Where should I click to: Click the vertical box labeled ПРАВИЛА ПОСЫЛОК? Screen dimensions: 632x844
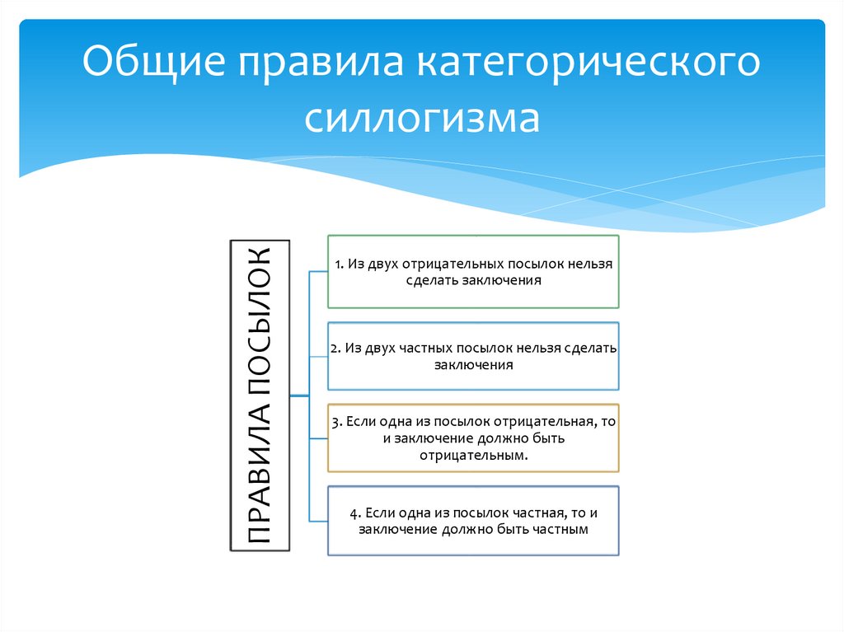tap(258, 396)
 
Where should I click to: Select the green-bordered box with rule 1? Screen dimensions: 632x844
tap(473, 272)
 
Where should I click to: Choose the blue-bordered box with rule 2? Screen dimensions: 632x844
tap(473, 356)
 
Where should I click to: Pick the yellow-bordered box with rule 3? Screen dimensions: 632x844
tap(473, 438)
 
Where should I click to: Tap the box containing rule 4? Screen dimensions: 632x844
tap(473, 521)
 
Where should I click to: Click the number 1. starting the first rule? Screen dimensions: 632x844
tap(339, 265)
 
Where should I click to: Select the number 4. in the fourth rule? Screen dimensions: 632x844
tap(354, 513)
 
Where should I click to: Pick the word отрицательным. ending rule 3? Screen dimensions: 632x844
tap(473, 454)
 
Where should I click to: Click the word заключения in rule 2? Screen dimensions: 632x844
tap(473, 365)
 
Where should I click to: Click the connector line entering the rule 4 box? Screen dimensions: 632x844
tap(318, 520)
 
